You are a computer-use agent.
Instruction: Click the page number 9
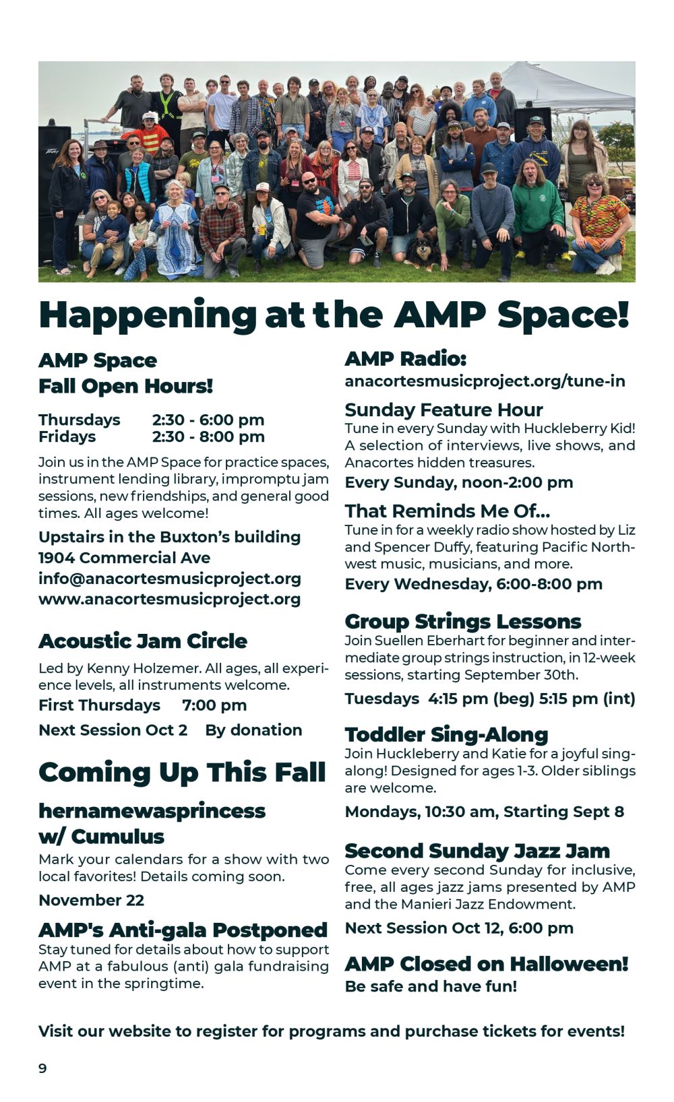[42, 1068]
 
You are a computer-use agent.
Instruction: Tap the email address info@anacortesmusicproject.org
[169, 579]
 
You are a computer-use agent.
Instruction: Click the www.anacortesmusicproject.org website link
[169, 599]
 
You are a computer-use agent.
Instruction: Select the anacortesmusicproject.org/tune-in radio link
[485, 382]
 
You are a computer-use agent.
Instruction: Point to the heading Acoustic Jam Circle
[143, 641]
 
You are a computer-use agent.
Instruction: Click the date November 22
[92, 901]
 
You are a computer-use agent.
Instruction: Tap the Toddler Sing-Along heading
[447, 735]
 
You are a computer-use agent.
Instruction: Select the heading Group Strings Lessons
[463, 622]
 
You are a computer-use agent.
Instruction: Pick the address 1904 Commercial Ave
[124, 558]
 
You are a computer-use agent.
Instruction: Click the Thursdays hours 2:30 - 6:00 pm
[208, 420]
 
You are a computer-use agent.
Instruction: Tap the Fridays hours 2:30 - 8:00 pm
[208, 437]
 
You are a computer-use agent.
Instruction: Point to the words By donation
[253, 730]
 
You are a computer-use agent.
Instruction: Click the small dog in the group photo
[423, 253]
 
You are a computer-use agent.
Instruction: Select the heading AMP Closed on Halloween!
[487, 965]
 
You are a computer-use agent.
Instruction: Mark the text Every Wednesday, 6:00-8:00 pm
[474, 585]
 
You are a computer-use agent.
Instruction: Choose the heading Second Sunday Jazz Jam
[477, 851]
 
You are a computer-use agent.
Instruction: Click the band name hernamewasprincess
[152, 811]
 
